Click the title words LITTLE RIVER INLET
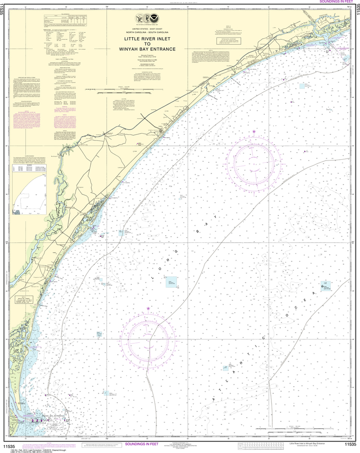151,39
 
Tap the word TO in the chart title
151,44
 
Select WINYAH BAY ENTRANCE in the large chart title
151,49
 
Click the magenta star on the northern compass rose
254,132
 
